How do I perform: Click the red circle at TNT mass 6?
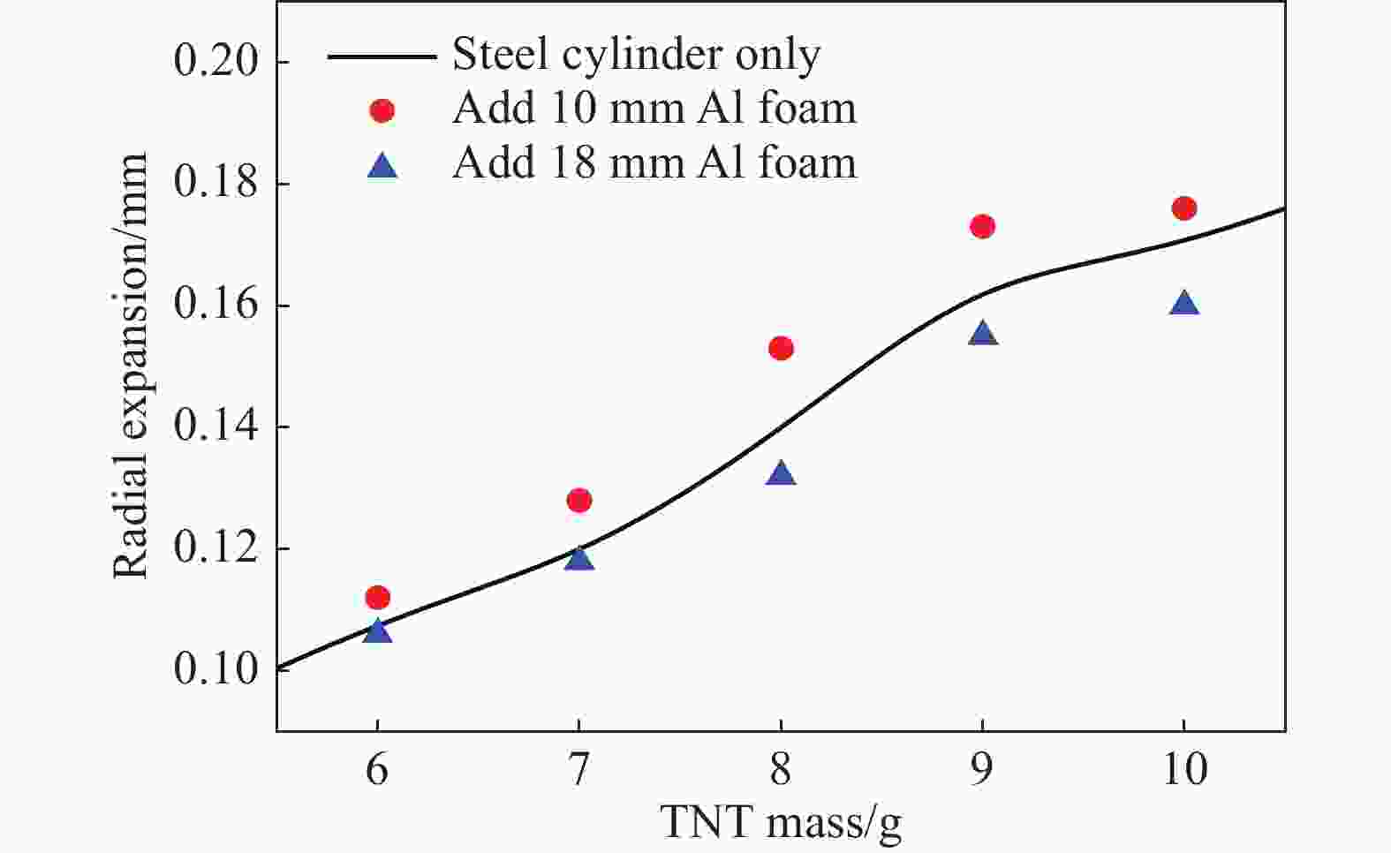point(377,598)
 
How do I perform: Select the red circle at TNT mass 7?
point(578,501)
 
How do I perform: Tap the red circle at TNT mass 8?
point(781,348)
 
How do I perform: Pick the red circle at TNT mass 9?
point(982,227)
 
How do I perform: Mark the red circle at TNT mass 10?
point(1184,208)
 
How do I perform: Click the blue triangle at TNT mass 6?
point(377,631)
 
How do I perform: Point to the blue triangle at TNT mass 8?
point(781,474)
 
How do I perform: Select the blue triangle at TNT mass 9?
point(982,334)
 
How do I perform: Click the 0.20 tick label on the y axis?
point(215,62)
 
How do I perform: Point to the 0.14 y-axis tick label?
point(215,426)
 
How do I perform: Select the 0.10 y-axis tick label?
point(215,669)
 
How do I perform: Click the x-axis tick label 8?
point(781,770)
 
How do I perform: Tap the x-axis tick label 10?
point(1184,770)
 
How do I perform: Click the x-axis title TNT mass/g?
point(781,824)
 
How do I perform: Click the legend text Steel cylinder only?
point(636,55)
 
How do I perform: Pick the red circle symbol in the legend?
point(382,110)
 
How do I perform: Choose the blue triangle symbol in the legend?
point(382,165)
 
